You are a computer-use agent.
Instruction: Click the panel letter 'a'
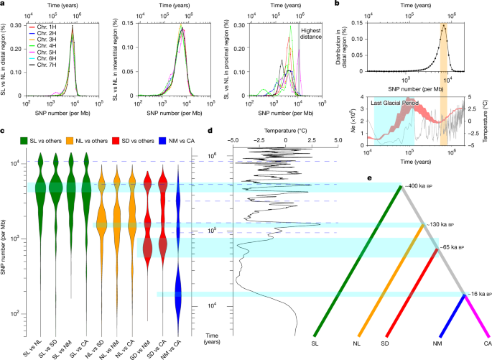coord(4,4)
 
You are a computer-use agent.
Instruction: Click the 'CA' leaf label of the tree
coord(486,343)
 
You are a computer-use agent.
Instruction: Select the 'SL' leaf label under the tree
coord(315,343)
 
